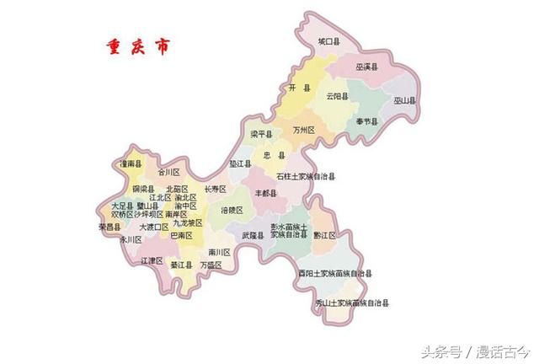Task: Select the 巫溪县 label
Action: point(366,65)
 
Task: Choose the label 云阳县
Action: point(338,95)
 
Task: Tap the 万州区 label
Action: point(303,131)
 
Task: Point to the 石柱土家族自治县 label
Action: point(307,176)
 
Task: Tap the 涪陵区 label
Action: point(232,209)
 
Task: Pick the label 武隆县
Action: point(253,235)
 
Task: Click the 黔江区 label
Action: point(325,235)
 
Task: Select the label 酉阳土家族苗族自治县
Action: point(334,274)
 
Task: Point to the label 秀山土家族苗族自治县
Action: point(352,302)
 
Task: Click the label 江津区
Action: point(152,261)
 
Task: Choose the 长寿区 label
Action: point(216,189)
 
